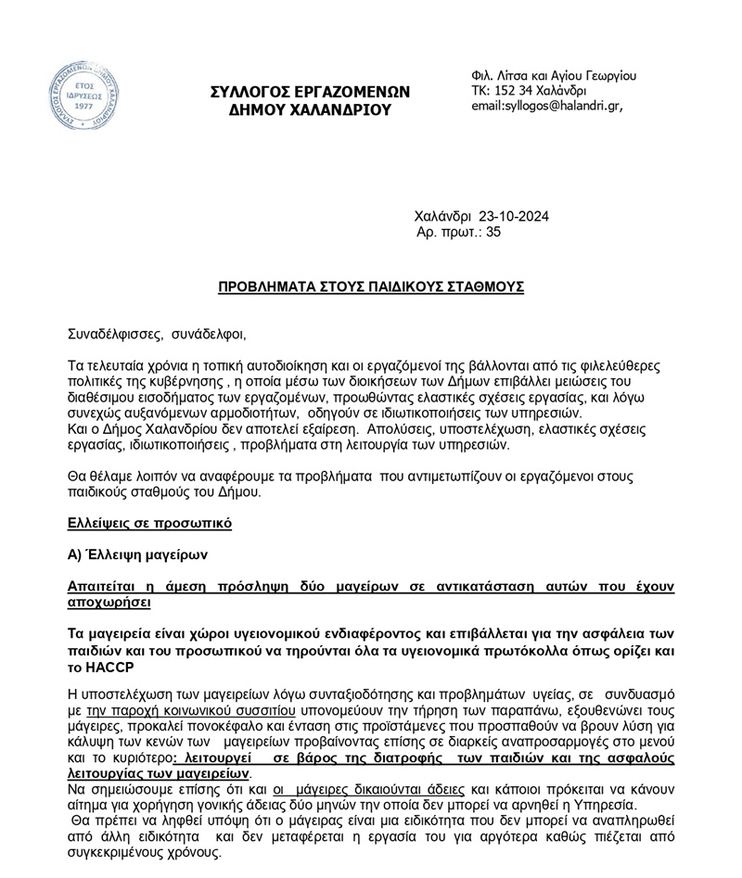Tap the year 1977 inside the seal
tap(83, 107)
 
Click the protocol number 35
tap(493, 233)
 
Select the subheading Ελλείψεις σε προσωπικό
tap(149, 524)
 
